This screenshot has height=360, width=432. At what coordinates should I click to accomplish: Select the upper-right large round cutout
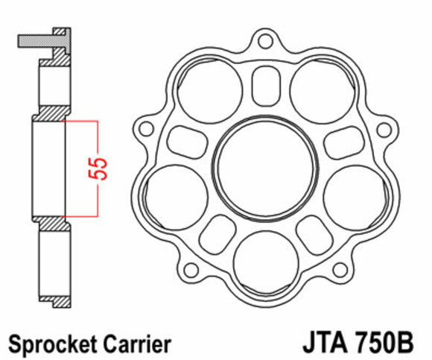pyautogui.click(x=318, y=88)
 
